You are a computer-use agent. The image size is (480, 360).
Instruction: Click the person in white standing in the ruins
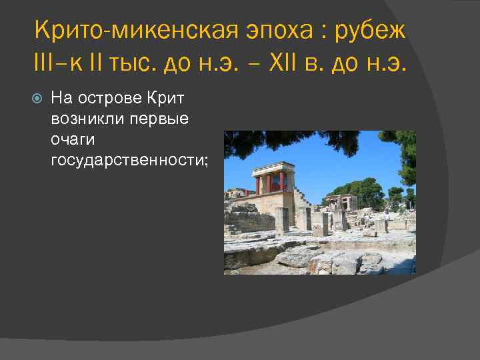[386, 218]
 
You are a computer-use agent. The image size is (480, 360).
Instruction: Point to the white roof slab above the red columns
[273, 166]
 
